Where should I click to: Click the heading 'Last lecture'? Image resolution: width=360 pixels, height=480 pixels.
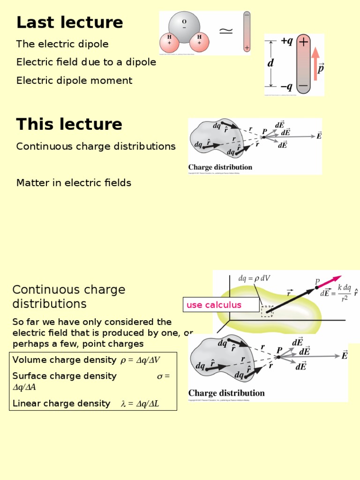pos(69,22)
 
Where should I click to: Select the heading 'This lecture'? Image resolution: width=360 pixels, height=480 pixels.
pos(69,125)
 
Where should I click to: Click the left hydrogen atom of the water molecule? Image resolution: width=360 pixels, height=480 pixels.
pos(169,42)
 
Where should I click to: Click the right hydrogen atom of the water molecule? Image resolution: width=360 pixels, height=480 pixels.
pos(199,42)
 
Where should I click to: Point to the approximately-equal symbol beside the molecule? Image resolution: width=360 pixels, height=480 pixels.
pos(226,31)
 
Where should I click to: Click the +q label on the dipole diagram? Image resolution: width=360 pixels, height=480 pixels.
pos(287,41)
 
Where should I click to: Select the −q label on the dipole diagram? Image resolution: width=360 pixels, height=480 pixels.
pos(287,86)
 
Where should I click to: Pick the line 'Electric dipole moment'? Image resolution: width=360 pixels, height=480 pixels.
pos(74,81)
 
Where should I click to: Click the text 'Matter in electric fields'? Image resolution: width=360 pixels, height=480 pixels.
pos(74,183)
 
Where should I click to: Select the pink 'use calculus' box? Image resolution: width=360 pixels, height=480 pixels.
pos(220,305)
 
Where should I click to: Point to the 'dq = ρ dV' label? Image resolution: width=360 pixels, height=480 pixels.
pos(254,278)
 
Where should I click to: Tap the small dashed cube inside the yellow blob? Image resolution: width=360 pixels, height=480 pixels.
pos(267,311)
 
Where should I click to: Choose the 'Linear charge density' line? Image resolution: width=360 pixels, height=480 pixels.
pos(86,404)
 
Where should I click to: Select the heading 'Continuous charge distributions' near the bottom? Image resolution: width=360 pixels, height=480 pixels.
pos(68,297)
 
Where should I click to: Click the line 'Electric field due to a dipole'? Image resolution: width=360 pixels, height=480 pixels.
pos(86,62)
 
